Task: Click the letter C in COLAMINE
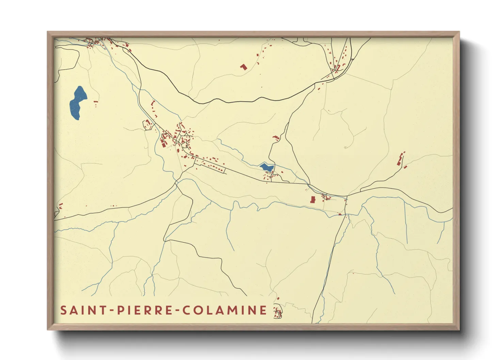tap(187, 310)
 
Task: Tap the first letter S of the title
tap(63, 310)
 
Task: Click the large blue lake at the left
tap(78, 102)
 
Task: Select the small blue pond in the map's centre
tap(266, 167)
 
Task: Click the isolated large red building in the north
tap(243, 67)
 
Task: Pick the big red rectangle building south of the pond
tap(313, 199)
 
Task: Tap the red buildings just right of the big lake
tap(96, 103)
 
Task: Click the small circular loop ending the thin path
tap(345, 148)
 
